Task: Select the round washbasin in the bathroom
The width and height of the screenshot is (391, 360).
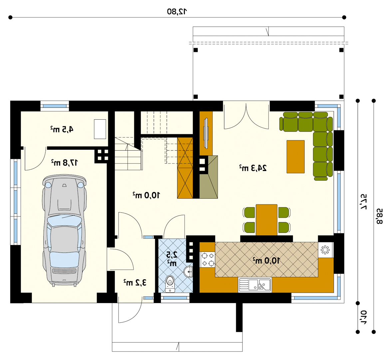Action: click(189, 272)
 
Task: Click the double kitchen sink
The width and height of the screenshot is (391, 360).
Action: click(255, 285)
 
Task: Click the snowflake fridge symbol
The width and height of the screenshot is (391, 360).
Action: click(325, 250)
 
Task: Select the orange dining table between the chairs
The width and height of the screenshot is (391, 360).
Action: click(266, 220)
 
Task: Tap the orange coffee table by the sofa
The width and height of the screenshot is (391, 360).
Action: click(295, 157)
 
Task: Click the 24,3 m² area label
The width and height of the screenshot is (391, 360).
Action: click(253, 168)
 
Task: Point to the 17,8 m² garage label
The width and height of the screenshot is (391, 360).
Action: click(65, 163)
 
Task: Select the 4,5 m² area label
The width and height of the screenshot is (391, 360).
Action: click(62, 129)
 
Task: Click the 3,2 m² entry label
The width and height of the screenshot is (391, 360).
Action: click(135, 283)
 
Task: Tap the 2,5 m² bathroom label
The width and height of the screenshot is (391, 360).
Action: click(172, 258)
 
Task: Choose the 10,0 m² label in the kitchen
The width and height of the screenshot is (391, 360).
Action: click(266, 261)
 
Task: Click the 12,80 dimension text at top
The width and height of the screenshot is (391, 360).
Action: click(177, 11)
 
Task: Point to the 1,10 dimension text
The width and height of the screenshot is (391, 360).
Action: click(363, 317)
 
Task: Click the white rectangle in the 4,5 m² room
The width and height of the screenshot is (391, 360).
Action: click(100, 129)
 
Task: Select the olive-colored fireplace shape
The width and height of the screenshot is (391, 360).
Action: click(208, 177)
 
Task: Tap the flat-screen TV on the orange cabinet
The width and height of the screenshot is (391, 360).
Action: click(206, 133)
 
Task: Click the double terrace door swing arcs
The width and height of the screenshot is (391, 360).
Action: click(246, 117)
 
